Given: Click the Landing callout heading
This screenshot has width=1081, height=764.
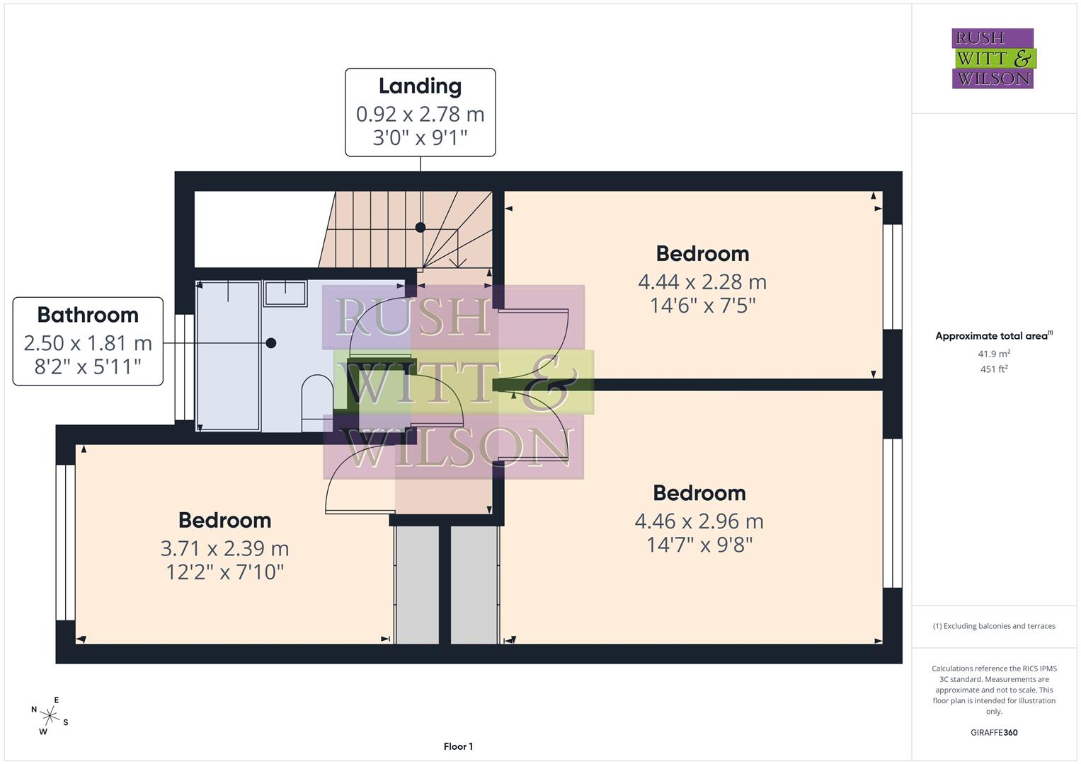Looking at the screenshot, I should click(420, 86).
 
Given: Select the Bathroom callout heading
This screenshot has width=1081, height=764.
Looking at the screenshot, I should click(88, 315).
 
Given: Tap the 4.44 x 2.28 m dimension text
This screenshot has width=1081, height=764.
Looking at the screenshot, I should click(702, 282).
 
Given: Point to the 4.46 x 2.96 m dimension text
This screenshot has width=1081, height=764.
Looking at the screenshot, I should click(699, 521).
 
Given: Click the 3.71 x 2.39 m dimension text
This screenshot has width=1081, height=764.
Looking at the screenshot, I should click(224, 548).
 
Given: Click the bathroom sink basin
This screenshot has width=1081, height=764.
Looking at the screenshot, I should click(285, 293).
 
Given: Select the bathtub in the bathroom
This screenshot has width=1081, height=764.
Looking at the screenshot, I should click(228, 356).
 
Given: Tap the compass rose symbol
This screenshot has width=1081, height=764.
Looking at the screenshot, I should click(50, 715).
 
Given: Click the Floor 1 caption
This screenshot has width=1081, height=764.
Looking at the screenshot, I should click(458, 746).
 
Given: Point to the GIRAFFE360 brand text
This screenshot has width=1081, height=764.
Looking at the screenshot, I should click(993, 732).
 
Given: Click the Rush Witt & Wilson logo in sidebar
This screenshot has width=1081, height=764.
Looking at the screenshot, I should click(993, 59).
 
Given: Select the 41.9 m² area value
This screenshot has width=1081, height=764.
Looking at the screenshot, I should click(993, 354).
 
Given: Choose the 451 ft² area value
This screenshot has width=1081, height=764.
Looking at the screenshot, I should click(993, 369).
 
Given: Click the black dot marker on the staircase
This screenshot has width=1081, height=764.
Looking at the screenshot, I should click(421, 228).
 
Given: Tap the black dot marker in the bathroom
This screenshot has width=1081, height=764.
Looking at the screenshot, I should click(270, 343).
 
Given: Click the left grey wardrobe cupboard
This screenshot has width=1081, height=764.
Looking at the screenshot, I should click(416, 584).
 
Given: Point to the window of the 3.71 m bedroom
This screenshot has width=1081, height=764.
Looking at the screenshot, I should click(66, 542).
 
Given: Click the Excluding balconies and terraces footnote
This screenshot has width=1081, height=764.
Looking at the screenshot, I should click(993, 626).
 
